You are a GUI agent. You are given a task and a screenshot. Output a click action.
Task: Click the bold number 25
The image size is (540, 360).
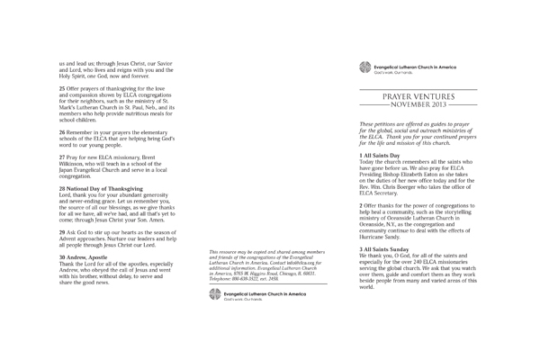(62, 90)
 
